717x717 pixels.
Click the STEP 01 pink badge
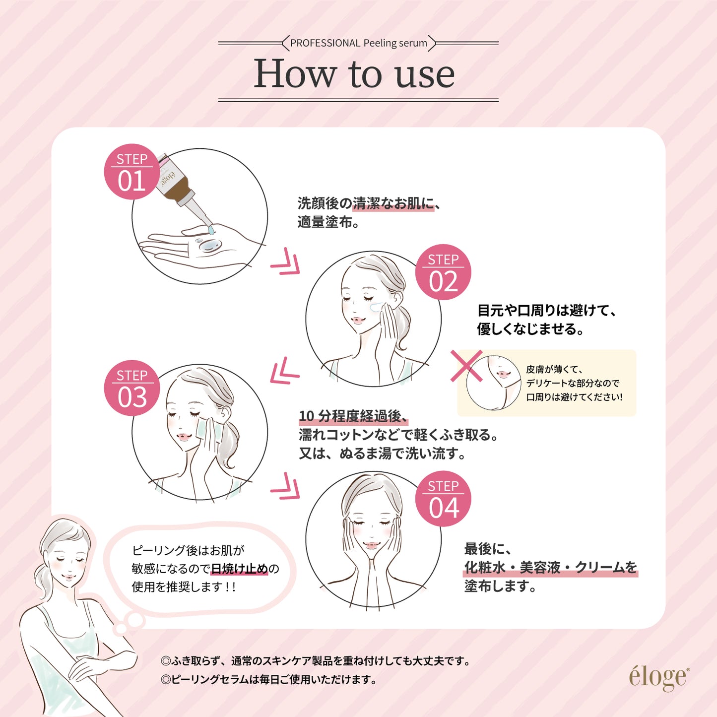(132, 172)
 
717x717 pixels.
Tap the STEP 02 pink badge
(443, 272)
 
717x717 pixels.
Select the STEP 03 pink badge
(132, 388)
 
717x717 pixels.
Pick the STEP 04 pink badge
(443, 499)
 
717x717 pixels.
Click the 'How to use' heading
(354, 73)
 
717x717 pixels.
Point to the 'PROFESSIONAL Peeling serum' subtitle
(359, 43)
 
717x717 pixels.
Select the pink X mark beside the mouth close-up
(466, 366)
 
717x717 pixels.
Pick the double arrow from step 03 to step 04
(285, 486)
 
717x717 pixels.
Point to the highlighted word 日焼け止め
(239, 569)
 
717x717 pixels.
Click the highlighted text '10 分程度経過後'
(353, 416)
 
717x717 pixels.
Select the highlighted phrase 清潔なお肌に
(393, 203)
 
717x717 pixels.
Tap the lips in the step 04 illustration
(371, 545)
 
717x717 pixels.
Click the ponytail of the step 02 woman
(402, 327)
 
